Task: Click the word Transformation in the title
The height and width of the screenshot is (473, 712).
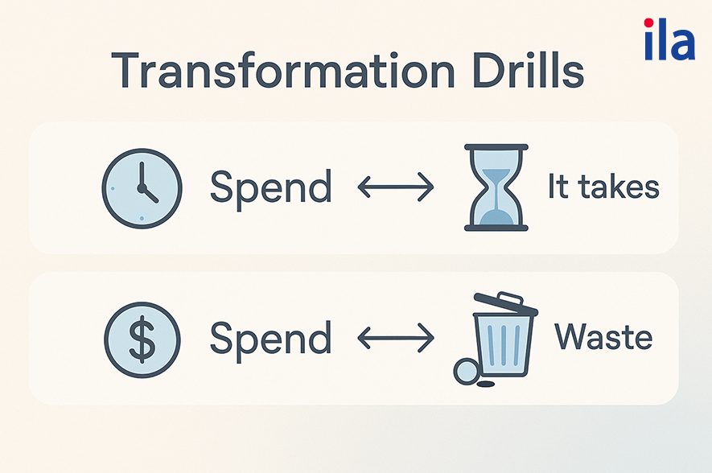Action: (x=282, y=71)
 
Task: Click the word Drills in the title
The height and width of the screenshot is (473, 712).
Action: (x=529, y=71)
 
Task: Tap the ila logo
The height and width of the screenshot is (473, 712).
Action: (x=669, y=39)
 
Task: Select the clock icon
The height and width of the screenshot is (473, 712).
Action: (x=142, y=188)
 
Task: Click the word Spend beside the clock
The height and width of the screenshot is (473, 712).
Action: (x=271, y=189)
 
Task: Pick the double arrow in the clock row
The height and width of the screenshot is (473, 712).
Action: (x=396, y=187)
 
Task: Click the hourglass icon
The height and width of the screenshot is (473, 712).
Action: (x=496, y=187)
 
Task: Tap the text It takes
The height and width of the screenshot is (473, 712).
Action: (x=603, y=186)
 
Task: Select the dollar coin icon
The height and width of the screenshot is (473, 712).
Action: (x=142, y=339)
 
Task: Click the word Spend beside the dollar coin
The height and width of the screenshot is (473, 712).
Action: (x=271, y=340)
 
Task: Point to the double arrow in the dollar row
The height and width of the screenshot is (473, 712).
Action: (x=396, y=338)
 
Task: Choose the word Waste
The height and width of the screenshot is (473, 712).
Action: (x=603, y=337)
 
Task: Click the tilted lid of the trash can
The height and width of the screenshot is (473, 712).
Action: (x=506, y=304)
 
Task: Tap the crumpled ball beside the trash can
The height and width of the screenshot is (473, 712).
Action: (x=467, y=372)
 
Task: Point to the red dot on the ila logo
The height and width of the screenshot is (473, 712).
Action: (x=649, y=23)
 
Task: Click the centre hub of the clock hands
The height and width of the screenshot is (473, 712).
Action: (x=142, y=188)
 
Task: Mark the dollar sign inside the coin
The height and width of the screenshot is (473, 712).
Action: (x=142, y=339)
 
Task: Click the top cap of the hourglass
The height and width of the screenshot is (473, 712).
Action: (x=496, y=147)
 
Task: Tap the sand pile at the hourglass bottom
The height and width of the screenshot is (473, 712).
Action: (x=496, y=218)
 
